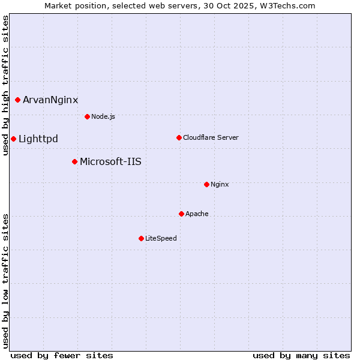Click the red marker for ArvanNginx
(17, 100)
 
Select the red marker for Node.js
(87, 116)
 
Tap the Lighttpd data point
(13, 139)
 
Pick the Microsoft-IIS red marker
(74, 161)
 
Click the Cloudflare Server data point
(179, 137)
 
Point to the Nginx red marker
(206, 184)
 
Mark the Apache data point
(181, 214)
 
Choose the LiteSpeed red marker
(141, 238)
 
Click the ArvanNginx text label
(50, 100)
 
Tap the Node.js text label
(103, 116)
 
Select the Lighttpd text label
(38, 139)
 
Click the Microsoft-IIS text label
(110, 161)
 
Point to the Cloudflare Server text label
(211, 137)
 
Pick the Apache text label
(197, 214)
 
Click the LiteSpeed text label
(161, 238)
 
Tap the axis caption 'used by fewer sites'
(62, 355)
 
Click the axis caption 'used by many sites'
(301, 355)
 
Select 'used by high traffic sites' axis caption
(6, 85)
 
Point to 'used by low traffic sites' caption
(6, 281)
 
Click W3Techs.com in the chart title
(290, 5)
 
